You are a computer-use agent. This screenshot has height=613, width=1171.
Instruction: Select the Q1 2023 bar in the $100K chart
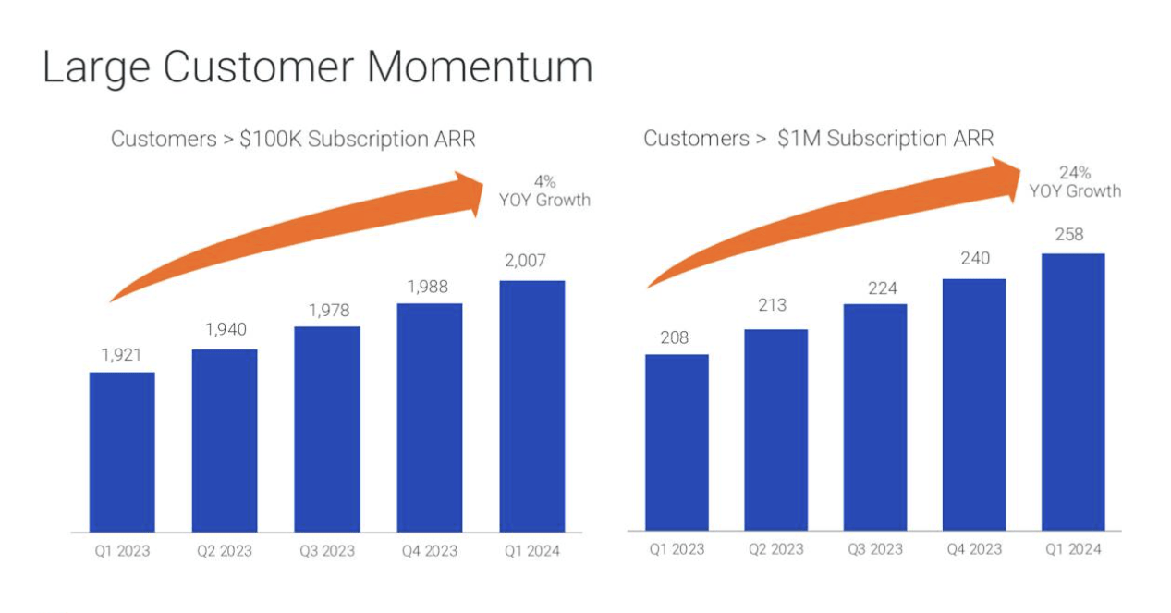122,452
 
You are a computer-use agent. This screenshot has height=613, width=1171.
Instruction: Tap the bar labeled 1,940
225,441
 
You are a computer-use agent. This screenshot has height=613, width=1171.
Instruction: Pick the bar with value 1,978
327,429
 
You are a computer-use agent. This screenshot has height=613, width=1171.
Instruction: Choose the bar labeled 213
775,429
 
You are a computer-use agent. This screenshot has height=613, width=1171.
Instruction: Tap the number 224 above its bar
874,288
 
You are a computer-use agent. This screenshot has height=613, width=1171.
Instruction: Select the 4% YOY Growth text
549,190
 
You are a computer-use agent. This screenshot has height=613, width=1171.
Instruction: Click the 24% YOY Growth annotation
1075,181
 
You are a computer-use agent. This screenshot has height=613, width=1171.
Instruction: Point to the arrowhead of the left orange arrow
475,192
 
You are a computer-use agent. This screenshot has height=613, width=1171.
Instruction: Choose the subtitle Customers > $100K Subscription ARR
293,140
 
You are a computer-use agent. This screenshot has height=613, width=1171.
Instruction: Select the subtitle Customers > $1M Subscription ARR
818,139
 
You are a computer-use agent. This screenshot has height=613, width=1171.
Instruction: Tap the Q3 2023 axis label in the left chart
327,552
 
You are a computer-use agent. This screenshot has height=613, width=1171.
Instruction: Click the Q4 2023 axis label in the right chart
973,549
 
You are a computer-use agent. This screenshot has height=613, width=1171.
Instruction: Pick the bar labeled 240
973,404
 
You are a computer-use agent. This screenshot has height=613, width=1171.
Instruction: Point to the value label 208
675,337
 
